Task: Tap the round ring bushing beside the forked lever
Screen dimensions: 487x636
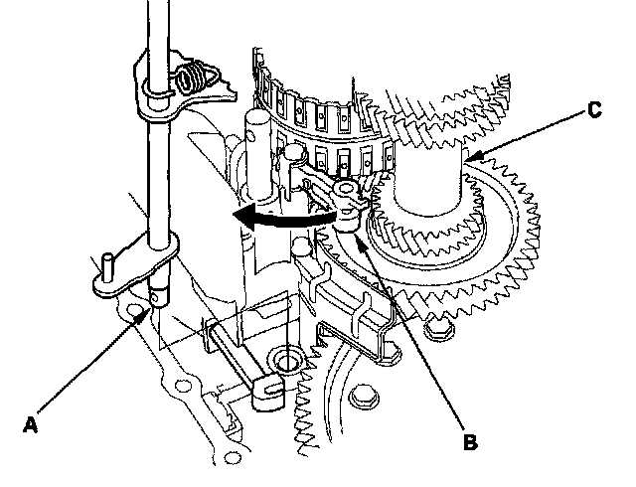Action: (x=288, y=359)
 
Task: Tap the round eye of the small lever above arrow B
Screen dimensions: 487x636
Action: (x=348, y=189)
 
